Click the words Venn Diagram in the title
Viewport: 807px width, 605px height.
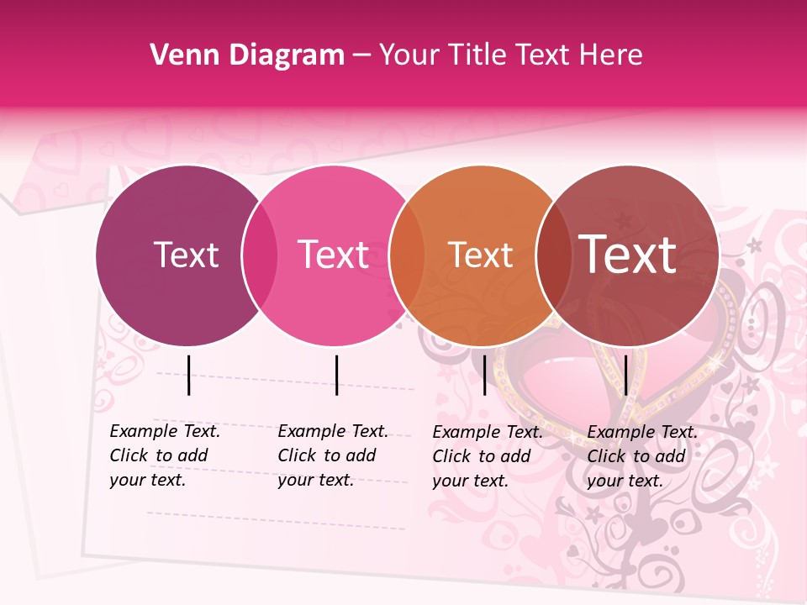(x=247, y=55)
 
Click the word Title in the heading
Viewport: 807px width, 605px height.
(x=478, y=55)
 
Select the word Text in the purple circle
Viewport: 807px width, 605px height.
(x=186, y=255)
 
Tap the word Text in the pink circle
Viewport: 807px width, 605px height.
(x=333, y=255)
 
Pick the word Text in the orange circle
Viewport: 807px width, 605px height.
(x=480, y=255)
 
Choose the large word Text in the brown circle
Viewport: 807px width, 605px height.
(x=628, y=255)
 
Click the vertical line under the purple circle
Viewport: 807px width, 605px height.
(x=189, y=375)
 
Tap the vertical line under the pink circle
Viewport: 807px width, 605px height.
(x=336, y=375)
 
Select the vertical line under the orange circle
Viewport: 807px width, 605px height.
(x=484, y=375)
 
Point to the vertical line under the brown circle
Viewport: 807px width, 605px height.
(x=625, y=375)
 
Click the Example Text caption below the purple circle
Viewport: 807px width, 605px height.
(x=164, y=455)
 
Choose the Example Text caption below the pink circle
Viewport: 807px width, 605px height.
(x=332, y=455)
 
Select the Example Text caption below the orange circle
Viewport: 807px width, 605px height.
(x=487, y=456)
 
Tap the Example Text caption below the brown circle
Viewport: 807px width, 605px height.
(x=641, y=456)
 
